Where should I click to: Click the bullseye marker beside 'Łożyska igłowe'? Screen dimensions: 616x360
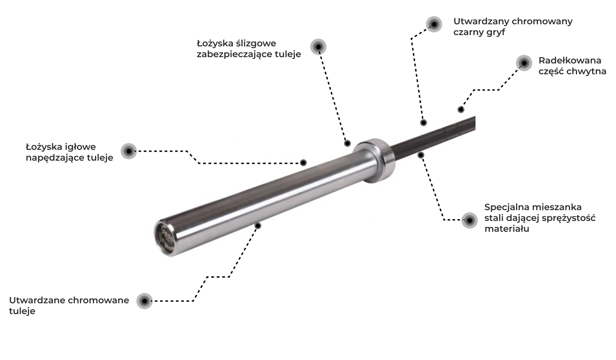(129, 151)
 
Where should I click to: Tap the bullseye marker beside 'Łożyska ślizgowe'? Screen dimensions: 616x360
(318, 47)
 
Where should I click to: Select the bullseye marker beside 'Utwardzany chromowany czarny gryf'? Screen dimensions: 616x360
(434, 24)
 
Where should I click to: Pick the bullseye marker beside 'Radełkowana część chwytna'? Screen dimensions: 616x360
(524, 63)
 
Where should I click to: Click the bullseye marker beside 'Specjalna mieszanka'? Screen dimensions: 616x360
(470, 220)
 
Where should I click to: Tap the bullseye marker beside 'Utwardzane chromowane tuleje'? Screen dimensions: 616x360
(145, 301)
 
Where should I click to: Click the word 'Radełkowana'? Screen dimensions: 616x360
(570, 60)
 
